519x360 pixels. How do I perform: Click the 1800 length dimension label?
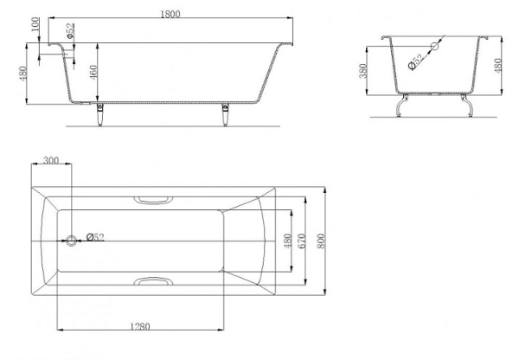pyautogui.click(x=170, y=14)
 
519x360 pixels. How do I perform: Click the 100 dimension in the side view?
pyautogui.click(x=35, y=24)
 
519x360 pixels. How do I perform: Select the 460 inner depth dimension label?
pyautogui.click(x=93, y=73)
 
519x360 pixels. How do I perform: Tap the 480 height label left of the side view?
pyautogui.click(x=22, y=74)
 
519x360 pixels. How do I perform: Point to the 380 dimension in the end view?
pyautogui.click(x=363, y=71)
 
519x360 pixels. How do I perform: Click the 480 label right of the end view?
pyautogui.click(x=497, y=65)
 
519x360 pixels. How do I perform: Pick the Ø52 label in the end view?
pyautogui.click(x=416, y=62)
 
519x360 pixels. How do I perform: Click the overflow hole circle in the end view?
pyautogui.click(x=434, y=46)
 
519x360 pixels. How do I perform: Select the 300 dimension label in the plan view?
pyautogui.click(x=51, y=160)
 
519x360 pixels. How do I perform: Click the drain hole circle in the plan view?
pyautogui.click(x=71, y=241)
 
